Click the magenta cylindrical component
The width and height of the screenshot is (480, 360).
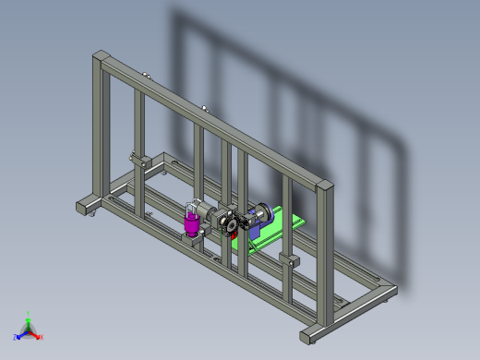tap(192, 223)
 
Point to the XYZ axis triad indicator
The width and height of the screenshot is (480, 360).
tap(28, 329)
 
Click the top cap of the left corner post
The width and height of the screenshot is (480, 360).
tap(100, 55)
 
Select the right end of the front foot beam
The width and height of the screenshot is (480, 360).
tap(310, 334)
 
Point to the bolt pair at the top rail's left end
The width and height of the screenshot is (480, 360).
tap(146, 76)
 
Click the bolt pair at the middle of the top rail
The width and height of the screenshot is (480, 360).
tap(204, 109)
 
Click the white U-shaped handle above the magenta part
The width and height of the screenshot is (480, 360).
tap(192, 205)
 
